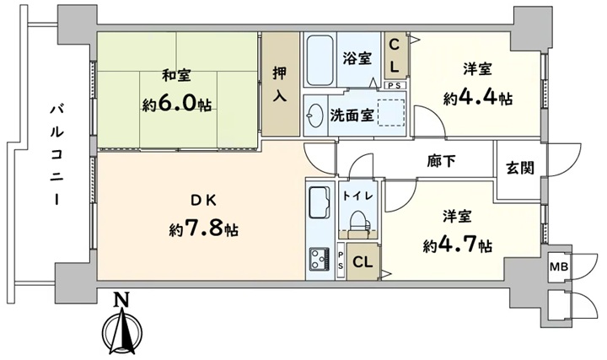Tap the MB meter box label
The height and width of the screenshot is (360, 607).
pos(559,266)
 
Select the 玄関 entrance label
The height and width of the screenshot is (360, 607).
pos(520,168)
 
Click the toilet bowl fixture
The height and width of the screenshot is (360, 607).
pos(357,223)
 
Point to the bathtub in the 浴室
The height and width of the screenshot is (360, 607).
pos(320,61)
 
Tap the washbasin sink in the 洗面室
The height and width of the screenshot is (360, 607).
pos(314,116)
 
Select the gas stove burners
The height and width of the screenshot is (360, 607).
pos(320,259)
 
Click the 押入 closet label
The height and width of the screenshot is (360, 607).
pos(280,83)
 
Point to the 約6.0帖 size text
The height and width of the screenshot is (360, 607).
pos(176,104)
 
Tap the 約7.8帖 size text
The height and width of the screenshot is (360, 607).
pos(204,229)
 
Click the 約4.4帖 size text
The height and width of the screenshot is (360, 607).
pos(478,99)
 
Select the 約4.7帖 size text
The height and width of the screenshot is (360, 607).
pos(458,244)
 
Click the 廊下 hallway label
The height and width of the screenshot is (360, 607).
pos(441,161)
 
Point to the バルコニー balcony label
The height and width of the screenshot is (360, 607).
pos(57,153)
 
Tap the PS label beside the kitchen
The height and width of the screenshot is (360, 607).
pos(341,261)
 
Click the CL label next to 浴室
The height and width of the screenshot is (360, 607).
pos(394,56)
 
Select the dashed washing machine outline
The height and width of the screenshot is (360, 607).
pos(391,113)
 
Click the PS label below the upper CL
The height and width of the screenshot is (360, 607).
pos(395,86)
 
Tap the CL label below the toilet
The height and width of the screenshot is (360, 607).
pos(363,262)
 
